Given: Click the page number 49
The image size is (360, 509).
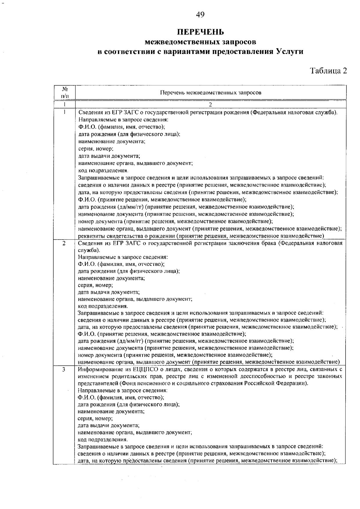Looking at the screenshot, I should (x=200, y=14).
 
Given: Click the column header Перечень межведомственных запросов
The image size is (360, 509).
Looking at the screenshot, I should (x=211, y=93).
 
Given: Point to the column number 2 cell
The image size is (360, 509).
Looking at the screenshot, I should (x=211, y=105).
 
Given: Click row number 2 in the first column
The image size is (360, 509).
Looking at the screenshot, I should (x=64, y=243).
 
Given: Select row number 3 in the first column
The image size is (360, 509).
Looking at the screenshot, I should (x=64, y=370).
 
